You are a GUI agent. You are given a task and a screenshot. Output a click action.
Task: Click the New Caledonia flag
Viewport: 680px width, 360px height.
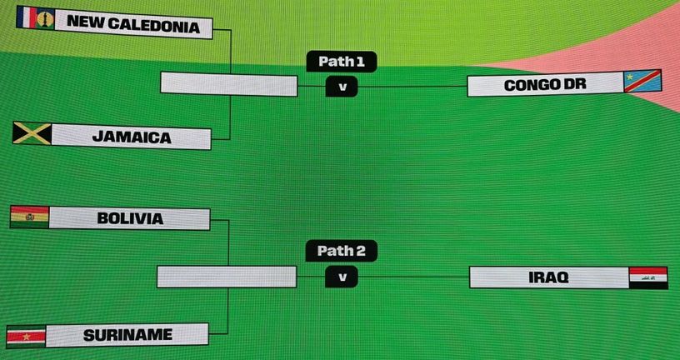(x=36, y=17)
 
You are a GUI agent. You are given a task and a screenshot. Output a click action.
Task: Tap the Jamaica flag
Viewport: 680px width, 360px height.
(x=32, y=133)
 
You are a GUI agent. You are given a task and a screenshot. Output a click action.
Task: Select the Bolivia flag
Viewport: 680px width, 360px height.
(x=29, y=217)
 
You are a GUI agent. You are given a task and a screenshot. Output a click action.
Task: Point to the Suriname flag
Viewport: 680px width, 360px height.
(x=26, y=337)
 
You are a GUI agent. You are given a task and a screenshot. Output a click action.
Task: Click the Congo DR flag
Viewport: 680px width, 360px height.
(x=642, y=81)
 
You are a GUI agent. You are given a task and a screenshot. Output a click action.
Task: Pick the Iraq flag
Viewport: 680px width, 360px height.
(x=648, y=278)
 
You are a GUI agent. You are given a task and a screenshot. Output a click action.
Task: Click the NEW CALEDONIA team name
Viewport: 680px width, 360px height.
(x=133, y=24)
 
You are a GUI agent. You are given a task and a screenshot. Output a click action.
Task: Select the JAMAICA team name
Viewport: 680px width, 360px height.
(x=132, y=137)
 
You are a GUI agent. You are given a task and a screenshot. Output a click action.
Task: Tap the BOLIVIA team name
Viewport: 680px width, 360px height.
(x=130, y=218)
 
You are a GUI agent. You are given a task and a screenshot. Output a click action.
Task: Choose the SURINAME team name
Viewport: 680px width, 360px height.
(x=128, y=335)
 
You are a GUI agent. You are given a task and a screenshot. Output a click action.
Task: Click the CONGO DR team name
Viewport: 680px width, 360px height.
(x=545, y=85)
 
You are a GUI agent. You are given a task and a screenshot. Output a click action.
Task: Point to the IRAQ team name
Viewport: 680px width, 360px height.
(x=548, y=277)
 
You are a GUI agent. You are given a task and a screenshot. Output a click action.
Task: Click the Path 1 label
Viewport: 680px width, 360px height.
(x=342, y=61)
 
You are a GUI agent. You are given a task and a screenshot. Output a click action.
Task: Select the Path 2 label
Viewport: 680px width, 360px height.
(x=342, y=251)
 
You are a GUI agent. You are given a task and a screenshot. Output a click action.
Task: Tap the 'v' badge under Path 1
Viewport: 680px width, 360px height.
(x=342, y=87)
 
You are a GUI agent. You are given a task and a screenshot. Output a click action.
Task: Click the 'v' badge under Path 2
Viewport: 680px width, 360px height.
(x=342, y=277)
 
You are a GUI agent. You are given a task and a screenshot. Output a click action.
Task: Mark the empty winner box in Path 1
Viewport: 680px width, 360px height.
(x=229, y=84)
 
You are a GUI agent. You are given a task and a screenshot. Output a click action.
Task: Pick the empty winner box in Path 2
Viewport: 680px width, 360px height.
(x=227, y=277)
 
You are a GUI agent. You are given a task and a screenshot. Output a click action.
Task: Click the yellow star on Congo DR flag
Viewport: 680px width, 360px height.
(x=630, y=77)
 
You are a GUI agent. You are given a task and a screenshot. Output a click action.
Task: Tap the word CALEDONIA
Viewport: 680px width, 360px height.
(x=154, y=25)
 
